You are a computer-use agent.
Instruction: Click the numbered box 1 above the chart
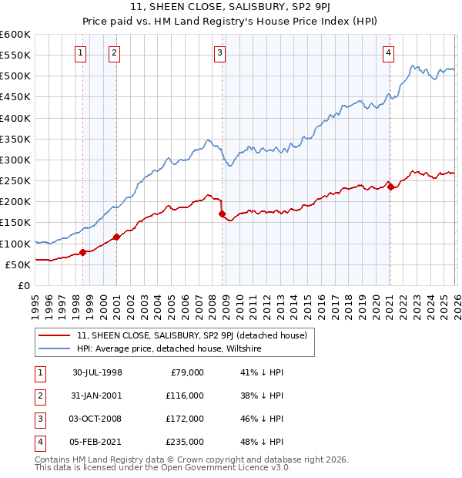tap(81, 53)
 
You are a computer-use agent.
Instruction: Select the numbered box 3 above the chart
tap(220, 53)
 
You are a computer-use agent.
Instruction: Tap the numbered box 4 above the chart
tap(389, 53)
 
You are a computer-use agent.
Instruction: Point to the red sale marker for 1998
tap(83, 252)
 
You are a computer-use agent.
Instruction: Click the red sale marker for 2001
tap(117, 237)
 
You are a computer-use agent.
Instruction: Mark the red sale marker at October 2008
tap(222, 214)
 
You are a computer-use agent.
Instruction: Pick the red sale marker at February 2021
tap(390, 187)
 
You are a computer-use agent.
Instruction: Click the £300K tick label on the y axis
tap(15, 160)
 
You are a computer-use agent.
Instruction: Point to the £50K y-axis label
tap(18, 264)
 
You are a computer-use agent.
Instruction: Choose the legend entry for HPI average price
tap(169, 349)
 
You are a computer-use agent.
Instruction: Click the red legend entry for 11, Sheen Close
tap(192, 335)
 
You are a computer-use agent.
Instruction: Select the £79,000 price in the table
tap(186, 372)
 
